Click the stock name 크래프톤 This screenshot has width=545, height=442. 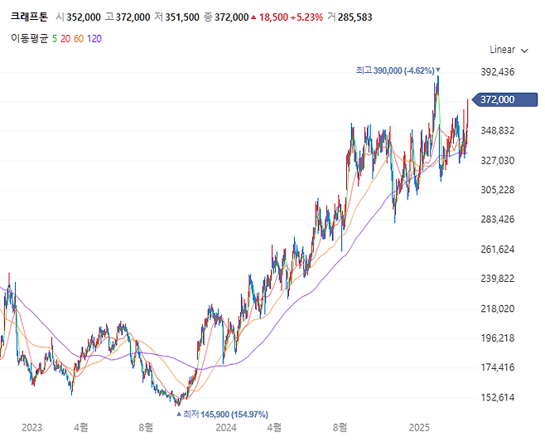[x=29, y=17]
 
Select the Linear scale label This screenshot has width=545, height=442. [x=502, y=50]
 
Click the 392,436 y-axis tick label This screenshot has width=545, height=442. [x=498, y=72]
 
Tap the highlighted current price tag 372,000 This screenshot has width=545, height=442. [x=498, y=100]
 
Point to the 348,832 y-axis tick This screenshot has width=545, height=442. [x=498, y=131]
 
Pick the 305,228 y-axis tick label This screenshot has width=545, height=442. [x=498, y=190]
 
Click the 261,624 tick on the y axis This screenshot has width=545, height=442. [x=498, y=250]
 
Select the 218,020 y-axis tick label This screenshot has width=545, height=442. [x=498, y=308]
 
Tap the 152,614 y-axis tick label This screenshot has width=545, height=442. [x=498, y=397]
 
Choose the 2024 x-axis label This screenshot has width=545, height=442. [x=225, y=428]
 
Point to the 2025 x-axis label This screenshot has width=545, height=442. [x=420, y=428]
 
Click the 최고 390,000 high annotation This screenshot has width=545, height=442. [x=394, y=71]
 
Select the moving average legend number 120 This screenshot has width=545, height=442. [x=94, y=38]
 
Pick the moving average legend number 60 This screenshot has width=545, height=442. [x=79, y=38]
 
